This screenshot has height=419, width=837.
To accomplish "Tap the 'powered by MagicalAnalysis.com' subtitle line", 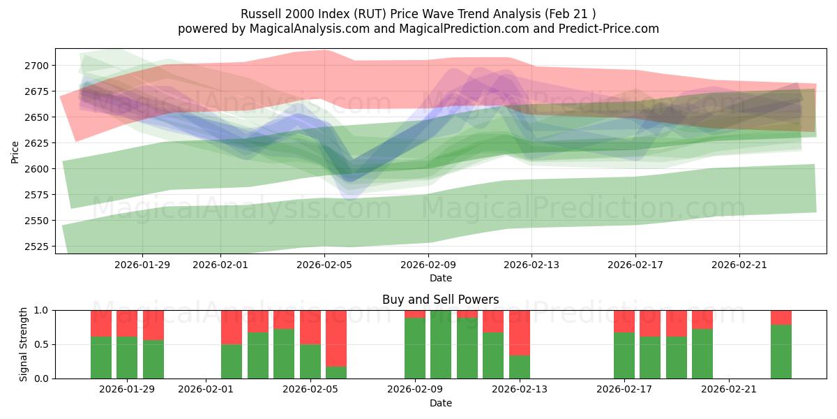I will pyautogui.click(x=418, y=29).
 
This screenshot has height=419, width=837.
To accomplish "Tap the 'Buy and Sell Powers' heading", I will pyautogui.click(x=440, y=300).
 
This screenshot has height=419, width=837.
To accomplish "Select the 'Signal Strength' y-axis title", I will pyautogui.click(x=24, y=344).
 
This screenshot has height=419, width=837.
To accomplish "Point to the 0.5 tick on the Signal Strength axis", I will pyautogui.click(x=43, y=344).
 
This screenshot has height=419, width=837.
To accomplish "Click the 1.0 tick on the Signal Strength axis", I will pyautogui.click(x=43, y=310).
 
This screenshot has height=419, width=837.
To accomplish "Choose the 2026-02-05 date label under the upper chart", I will pyautogui.click(x=324, y=264).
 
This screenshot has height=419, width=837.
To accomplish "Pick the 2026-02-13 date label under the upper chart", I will pyautogui.click(x=532, y=264).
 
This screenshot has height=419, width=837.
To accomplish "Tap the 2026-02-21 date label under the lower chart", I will pyautogui.click(x=728, y=390).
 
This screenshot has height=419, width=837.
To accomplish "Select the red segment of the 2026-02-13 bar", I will pyautogui.click(x=520, y=332).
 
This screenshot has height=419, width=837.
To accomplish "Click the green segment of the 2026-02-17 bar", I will pyautogui.click(x=624, y=355).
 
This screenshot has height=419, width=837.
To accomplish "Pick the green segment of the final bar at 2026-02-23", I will pyautogui.click(x=781, y=351).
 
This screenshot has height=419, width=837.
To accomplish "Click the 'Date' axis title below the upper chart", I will pyautogui.click(x=440, y=278).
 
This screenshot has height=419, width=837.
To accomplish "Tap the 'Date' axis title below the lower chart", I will pyautogui.click(x=440, y=403).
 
